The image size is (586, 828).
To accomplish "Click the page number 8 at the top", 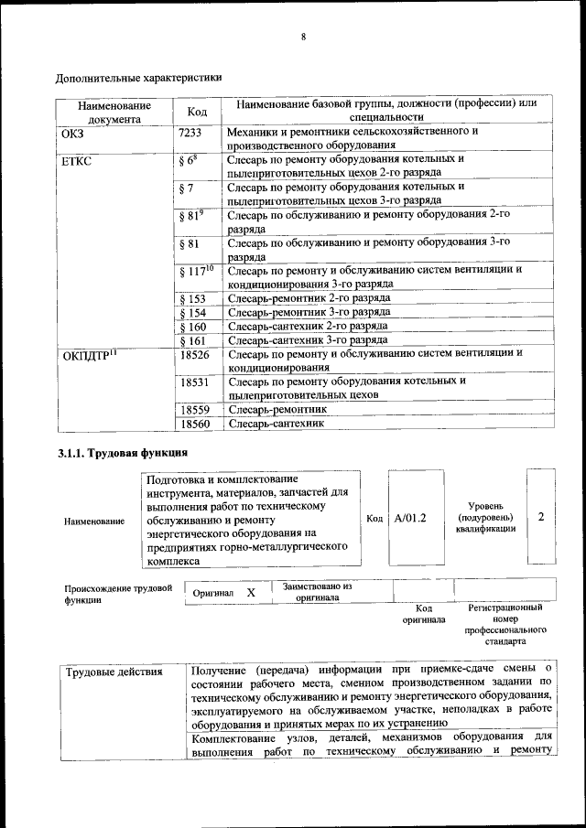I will point(301,37).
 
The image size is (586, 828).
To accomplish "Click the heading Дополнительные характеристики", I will point(138,78).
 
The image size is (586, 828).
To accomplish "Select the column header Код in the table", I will point(197,112).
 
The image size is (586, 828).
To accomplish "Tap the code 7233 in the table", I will point(190,133).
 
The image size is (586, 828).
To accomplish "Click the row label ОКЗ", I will point(72,133).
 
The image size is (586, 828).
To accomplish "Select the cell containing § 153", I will point(192,299).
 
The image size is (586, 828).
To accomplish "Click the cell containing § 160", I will point(192,326).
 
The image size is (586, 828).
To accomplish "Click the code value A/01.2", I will point(410,518).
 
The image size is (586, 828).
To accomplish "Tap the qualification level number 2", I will point(541,517).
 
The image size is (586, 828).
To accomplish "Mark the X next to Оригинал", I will point(250,593).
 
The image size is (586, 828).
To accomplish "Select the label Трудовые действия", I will point(114,672).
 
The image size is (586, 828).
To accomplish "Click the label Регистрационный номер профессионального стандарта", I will point(505,625).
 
